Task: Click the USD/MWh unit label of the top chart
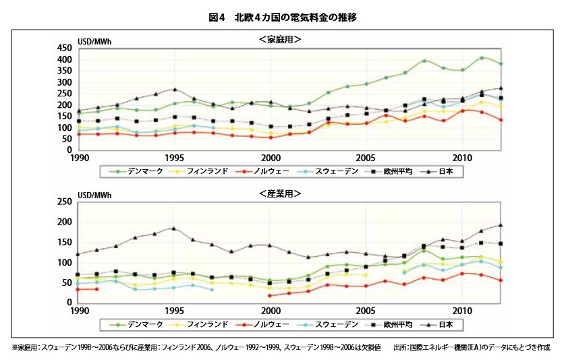point(95,42)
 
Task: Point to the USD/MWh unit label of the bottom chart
point(95,196)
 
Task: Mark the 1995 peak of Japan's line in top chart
point(175,89)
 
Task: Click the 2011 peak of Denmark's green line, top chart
point(482,58)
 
